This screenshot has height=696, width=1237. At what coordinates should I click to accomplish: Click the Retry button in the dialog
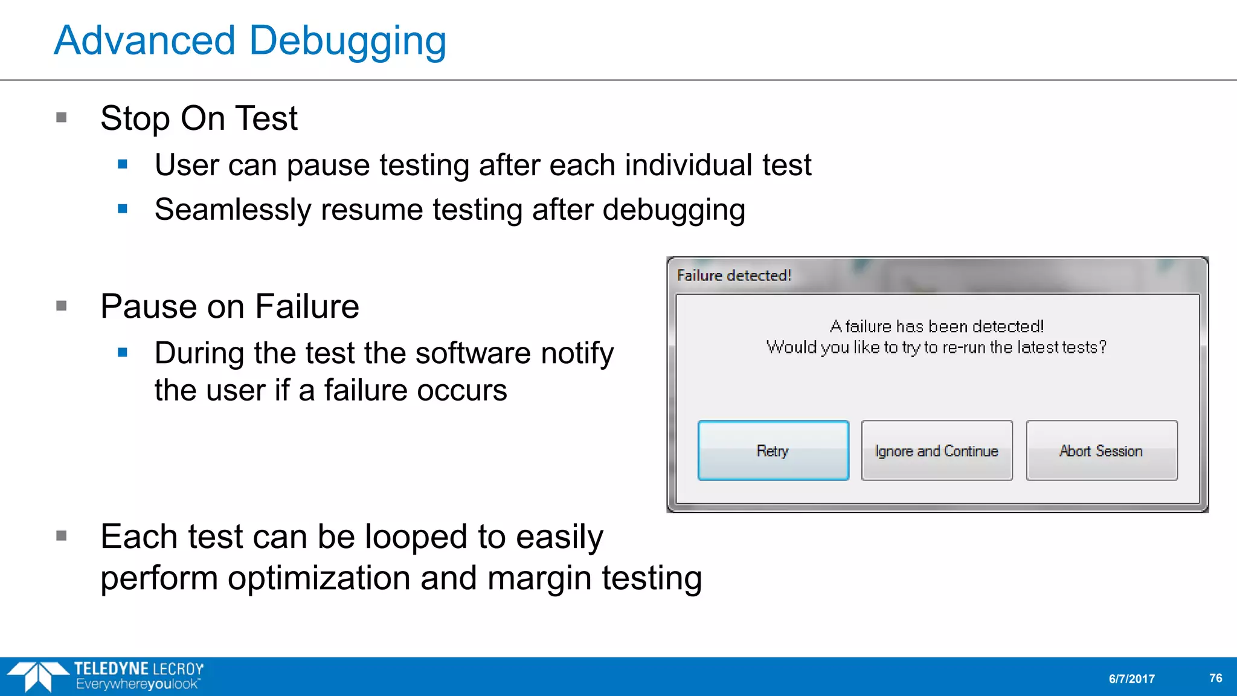pos(773,451)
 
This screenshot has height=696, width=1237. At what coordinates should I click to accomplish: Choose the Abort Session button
pos(1101,451)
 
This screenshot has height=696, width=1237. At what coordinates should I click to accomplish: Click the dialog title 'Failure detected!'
pos(734,275)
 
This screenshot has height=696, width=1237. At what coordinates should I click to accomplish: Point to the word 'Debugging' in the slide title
pos(347,41)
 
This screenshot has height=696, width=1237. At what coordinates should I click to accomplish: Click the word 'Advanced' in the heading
pos(144,41)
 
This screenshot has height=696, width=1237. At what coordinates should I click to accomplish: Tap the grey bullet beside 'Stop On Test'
pos(61,117)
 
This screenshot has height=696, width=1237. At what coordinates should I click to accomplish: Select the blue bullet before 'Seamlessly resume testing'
pos(123,209)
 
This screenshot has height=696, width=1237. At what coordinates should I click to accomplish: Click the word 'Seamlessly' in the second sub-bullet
pos(233,210)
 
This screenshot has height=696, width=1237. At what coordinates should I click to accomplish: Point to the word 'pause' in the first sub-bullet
pos(328,166)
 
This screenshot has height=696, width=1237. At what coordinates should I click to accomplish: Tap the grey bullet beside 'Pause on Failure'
pos(61,306)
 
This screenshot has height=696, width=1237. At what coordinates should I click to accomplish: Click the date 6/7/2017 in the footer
pos(1131,678)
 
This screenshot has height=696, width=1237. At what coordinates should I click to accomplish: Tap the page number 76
pos(1215,678)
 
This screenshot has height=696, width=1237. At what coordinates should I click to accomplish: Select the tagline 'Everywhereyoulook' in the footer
pos(138,685)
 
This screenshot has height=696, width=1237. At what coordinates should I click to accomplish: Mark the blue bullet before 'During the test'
pos(123,352)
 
